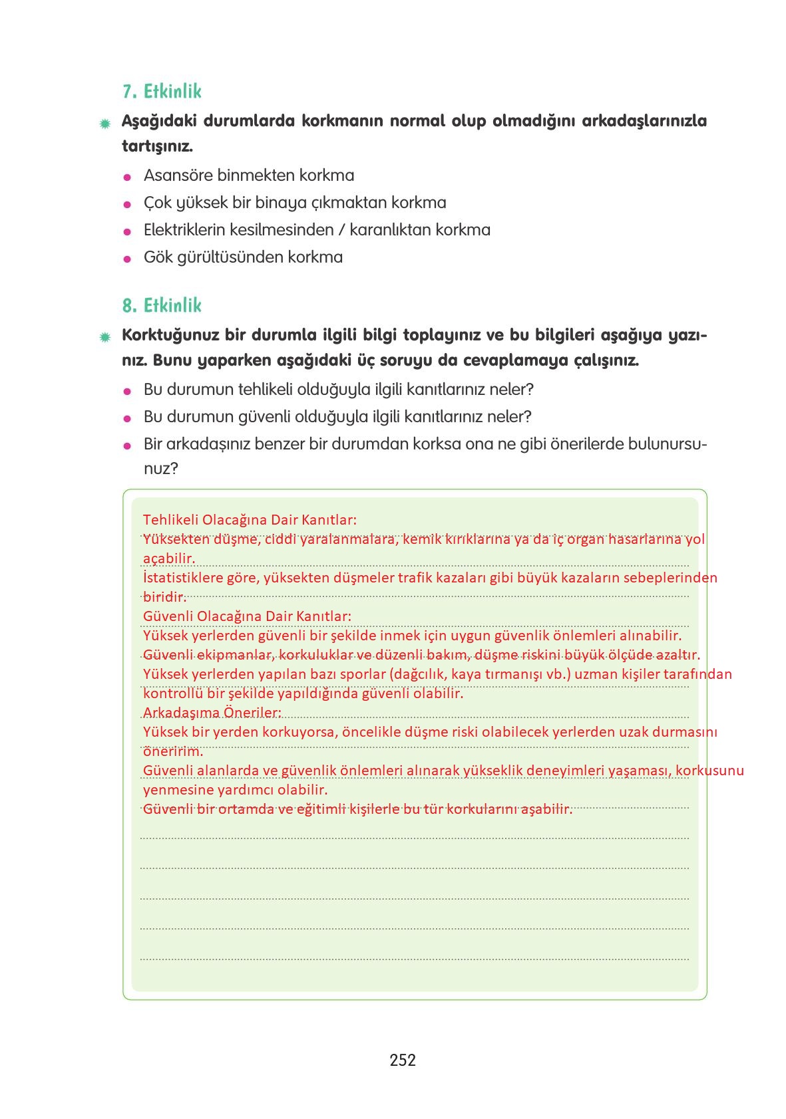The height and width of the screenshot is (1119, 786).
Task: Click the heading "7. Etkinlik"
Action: coord(162,92)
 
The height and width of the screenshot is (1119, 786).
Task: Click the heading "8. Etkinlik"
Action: coord(162,306)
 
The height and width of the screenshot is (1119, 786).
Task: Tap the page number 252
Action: coord(403,1060)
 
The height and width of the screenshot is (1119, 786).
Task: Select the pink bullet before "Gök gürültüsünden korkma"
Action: coord(127,259)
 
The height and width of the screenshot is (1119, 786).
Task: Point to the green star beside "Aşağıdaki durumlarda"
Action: coord(104,124)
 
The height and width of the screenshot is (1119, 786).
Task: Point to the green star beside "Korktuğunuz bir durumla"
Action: coord(104,338)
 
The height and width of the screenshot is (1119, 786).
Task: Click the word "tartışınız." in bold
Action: coord(157,146)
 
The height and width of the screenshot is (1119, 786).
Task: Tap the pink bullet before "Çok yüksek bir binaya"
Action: coord(127,204)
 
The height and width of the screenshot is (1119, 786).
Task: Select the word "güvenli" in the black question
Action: coord(266,417)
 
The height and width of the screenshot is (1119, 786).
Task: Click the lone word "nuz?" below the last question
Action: coord(161,469)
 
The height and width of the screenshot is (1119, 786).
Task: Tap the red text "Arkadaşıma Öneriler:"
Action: coord(212,713)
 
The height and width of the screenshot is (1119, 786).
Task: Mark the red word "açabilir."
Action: coord(169,558)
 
